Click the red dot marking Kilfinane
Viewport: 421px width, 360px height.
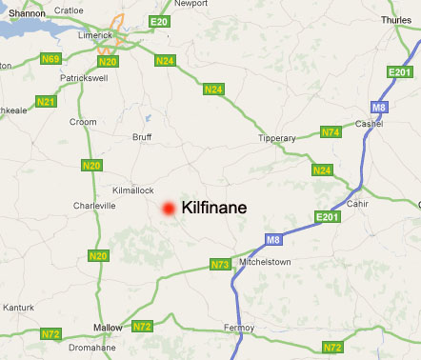168,209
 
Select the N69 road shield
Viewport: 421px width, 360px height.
50,59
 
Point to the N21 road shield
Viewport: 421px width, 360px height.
46,101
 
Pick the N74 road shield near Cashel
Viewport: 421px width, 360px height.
331,132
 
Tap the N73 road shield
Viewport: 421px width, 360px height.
220,264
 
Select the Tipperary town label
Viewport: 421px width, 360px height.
277,138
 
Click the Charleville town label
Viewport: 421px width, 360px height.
94,205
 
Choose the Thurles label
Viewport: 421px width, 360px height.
395,19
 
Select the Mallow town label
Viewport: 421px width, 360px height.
108,328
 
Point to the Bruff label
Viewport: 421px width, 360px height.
141,137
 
